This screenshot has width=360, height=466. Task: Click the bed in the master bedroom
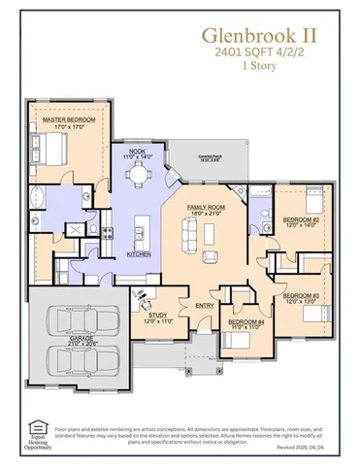(50, 150)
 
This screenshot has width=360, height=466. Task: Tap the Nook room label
(137, 152)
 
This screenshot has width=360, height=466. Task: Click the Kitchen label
(138, 253)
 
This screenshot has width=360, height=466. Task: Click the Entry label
(204, 305)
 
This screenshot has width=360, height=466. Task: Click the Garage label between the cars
(65, 341)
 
